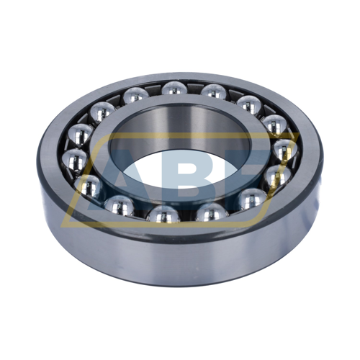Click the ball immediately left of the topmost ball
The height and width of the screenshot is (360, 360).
tap(135, 96)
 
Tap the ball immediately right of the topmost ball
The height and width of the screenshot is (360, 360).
tap(213, 91)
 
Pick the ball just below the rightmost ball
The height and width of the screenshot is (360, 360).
tap(278, 176)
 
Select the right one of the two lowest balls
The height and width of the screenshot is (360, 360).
tap(210, 212)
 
